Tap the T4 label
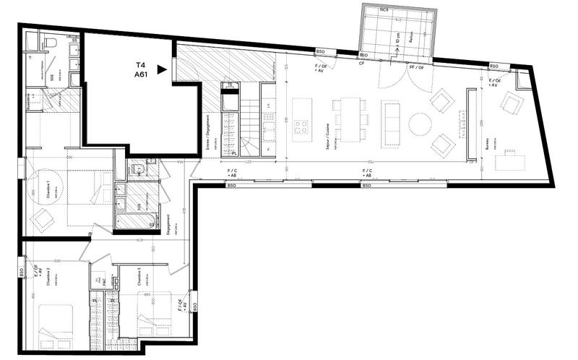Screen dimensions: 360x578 [139, 64]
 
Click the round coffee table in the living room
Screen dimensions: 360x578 [420, 124]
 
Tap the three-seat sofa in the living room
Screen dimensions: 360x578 [391, 120]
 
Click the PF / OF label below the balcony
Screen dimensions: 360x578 [417, 67]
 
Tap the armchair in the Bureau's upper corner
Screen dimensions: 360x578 [512, 104]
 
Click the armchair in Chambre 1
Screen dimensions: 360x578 [44, 216]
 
